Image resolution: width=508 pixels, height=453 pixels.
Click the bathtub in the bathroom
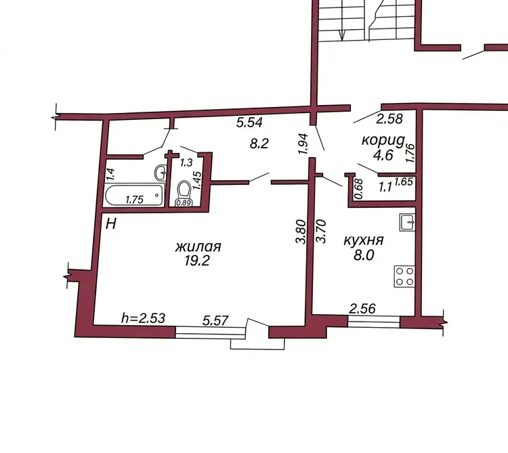coord(134,194)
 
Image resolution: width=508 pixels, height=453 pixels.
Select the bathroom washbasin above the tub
coord(161,173)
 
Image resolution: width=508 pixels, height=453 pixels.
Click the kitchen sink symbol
coord(407,222)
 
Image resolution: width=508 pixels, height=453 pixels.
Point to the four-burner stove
coord(404,276)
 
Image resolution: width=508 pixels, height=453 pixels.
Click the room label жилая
coord(198,246)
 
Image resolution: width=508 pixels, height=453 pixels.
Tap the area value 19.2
coord(197,260)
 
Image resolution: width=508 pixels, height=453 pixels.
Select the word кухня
coord(364,240)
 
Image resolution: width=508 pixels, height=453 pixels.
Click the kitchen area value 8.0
coord(364,255)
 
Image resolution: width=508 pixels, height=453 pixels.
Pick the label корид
coord(383,141)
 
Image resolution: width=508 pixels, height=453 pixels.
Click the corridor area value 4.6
coord(383,155)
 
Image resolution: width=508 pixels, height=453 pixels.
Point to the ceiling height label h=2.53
coord(143,318)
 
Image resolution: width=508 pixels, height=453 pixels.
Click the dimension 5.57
coord(215,320)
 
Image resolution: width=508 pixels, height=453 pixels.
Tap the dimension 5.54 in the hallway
coord(249,123)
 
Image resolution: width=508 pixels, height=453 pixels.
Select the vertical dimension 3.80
coord(301,232)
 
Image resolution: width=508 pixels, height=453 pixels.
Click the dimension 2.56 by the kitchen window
coord(362,308)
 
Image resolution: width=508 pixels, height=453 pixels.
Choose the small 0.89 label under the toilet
coord(184,203)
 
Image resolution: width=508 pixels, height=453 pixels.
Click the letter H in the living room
coord(111,223)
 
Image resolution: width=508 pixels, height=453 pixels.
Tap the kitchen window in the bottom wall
coord(373,321)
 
